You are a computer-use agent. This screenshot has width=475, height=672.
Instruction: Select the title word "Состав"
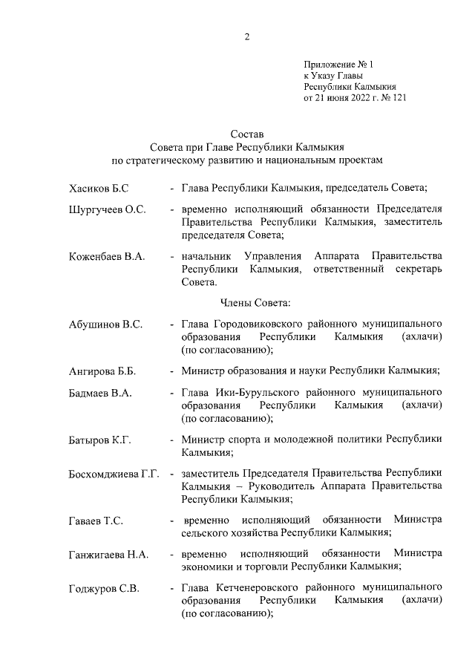point(247,134)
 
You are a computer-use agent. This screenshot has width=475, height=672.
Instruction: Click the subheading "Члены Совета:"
point(256,302)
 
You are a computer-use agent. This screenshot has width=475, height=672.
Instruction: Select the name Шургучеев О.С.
point(106,210)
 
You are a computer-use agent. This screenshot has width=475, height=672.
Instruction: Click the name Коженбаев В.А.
point(106,257)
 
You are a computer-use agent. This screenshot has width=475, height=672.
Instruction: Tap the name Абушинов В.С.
point(105,324)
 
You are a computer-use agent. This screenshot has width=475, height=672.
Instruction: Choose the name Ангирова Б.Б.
point(102,371)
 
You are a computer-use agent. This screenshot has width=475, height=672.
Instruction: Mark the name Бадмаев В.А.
point(100,393)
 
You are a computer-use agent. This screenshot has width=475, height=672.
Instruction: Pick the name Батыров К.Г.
point(99,440)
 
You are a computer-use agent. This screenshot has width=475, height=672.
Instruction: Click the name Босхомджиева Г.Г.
point(114,474)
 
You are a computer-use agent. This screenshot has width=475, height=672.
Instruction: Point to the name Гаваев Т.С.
point(96,521)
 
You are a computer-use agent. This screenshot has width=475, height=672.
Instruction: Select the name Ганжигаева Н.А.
point(108,555)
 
